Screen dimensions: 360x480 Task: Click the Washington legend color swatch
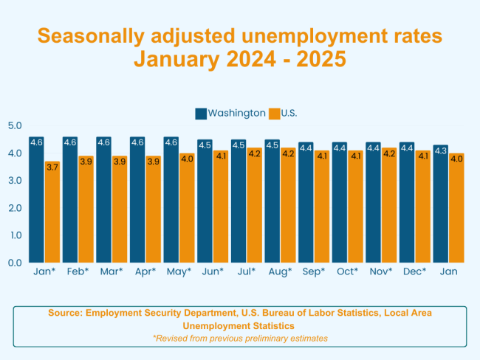pos(201,113)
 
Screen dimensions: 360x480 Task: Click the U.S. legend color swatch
pos(274,113)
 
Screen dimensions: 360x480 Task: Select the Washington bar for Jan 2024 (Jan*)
pos(36,199)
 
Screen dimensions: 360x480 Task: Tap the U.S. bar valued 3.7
pos(52,212)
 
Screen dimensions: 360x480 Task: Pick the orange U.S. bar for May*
pos(187,207)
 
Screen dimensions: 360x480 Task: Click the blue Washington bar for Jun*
pos(205,201)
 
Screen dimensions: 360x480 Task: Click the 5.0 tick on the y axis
pos(15,125)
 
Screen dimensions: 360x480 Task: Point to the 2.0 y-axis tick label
pos(15,207)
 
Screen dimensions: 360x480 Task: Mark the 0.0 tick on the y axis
pos(15,262)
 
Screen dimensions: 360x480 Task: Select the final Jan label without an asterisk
pos(448,271)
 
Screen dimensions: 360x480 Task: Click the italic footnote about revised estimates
pos(240,338)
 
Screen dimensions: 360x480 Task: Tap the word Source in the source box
pos(65,313)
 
